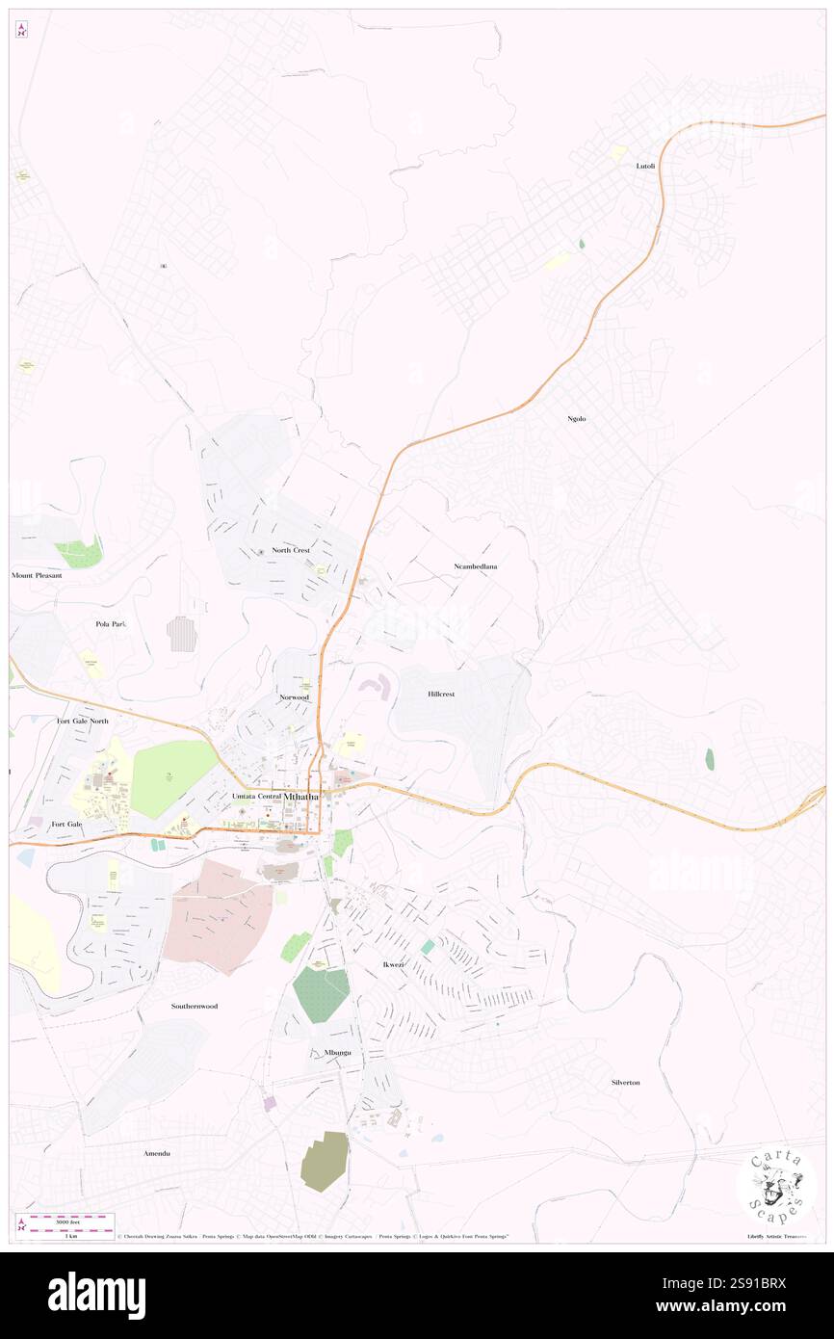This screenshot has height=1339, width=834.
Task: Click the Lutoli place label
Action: (645, 166)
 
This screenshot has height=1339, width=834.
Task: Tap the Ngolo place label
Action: (577, 418)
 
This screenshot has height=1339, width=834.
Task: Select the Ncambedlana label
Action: (475, 566)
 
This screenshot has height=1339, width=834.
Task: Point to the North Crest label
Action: (291, 550)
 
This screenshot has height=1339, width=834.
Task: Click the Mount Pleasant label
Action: (37, 575)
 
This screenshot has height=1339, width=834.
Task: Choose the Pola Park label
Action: (111, 623)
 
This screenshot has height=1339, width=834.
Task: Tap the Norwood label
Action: (294, 696)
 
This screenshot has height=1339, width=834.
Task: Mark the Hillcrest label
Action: (440, 694)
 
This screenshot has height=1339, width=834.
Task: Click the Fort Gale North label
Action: (83, 721)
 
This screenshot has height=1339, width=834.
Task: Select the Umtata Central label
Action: (256, 797)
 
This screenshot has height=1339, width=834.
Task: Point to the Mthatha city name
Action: (301, 797)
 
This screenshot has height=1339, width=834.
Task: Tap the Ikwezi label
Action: (382, 964)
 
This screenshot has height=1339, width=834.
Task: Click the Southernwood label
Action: (195, 1006)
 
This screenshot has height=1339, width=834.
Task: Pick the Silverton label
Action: (625, 1082)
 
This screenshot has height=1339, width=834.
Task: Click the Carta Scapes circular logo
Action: (776, 1187)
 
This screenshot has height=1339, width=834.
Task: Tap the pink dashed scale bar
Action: (66, 1218)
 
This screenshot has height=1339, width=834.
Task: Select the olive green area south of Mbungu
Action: (325, 1161)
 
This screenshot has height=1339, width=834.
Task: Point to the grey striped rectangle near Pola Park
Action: (182, 634)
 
